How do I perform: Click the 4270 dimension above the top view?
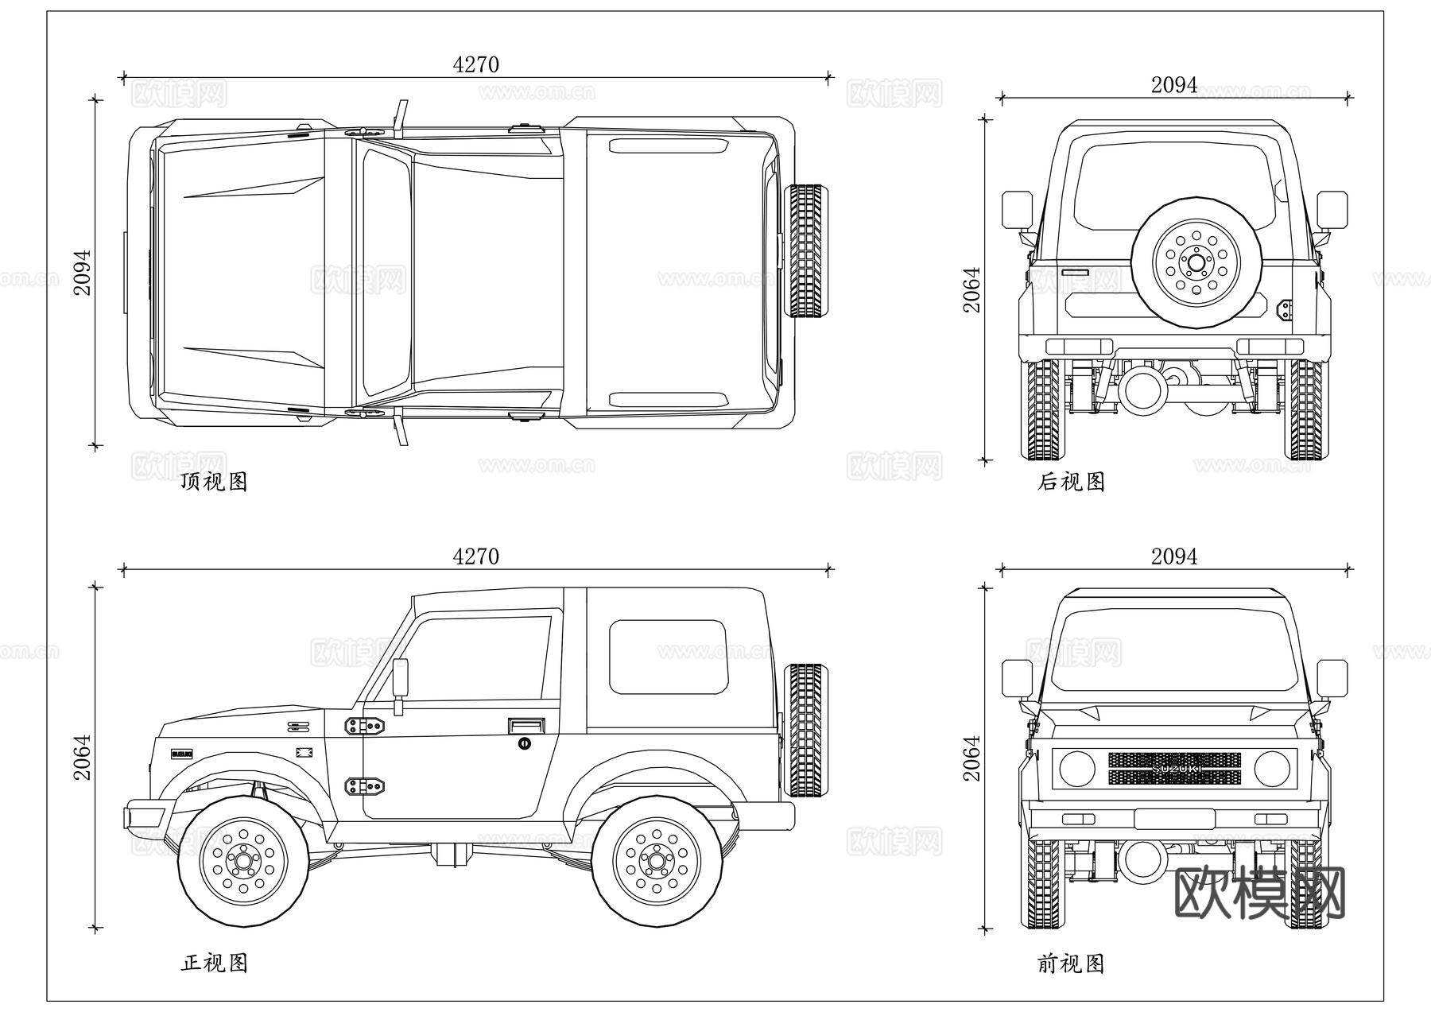[x=475, y=64]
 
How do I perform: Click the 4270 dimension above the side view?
[x=475, y=556]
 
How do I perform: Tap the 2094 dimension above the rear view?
[x=1173, y=85]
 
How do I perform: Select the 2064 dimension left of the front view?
[x=972, y=758]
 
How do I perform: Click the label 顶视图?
[x=215, y=482]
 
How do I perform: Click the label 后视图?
[x=1071, y=482]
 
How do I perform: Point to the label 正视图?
[x=215, y=964]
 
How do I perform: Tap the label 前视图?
[x=1071, y=964]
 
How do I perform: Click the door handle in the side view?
[x=526, y=725]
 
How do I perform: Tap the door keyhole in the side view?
[x=524, y=743]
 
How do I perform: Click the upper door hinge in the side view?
[x=365, y=725]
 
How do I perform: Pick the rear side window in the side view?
[x=668, y=657]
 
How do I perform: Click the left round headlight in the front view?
[x=1076, y=769]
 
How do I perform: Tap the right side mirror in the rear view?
[x=1332, y=209]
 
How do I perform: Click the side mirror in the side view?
[x=400, y=678]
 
